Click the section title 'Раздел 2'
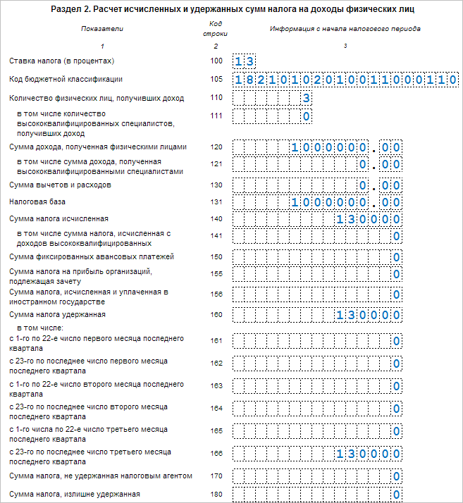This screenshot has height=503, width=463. pyautogui.click(x=232, y=10)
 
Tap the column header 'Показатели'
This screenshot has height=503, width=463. pyautogui.click(x=101, y=29)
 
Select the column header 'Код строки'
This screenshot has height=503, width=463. pyautogui.click(x=216, y=29)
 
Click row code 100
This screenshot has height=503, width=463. pyautogui.click(x=216, y=61)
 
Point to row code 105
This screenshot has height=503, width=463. pyautogui.click(x=216, y=80)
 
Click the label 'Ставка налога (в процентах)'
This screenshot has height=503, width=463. pyautogui.click(x=61, y=61)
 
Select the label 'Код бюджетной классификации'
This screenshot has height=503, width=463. pyautogui.click(x=66, y=80)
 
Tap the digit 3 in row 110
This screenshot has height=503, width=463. pyautogui.click(x=307, y=98)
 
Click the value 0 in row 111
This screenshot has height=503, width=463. pyautogui.click(x=307, y=116)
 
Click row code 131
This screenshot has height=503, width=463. pyautogui.click(x=216, y=201)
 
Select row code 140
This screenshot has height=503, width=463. pyautogui.click(x=216, y=219)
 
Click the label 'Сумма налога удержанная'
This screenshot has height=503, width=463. pyautogui.click(x=57, y=314)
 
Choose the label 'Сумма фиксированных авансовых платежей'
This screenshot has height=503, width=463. pyautogui.click(x=91, y=256)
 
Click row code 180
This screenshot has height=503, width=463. pyautogui.click(x=216, y=494)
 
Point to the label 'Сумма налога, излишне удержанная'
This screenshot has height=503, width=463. pyautogui.click(x=75, y=494)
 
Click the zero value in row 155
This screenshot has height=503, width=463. pyautogui.click(x=397, y=275)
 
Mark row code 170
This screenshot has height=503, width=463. pyautogui.click(x=216, y=476)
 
